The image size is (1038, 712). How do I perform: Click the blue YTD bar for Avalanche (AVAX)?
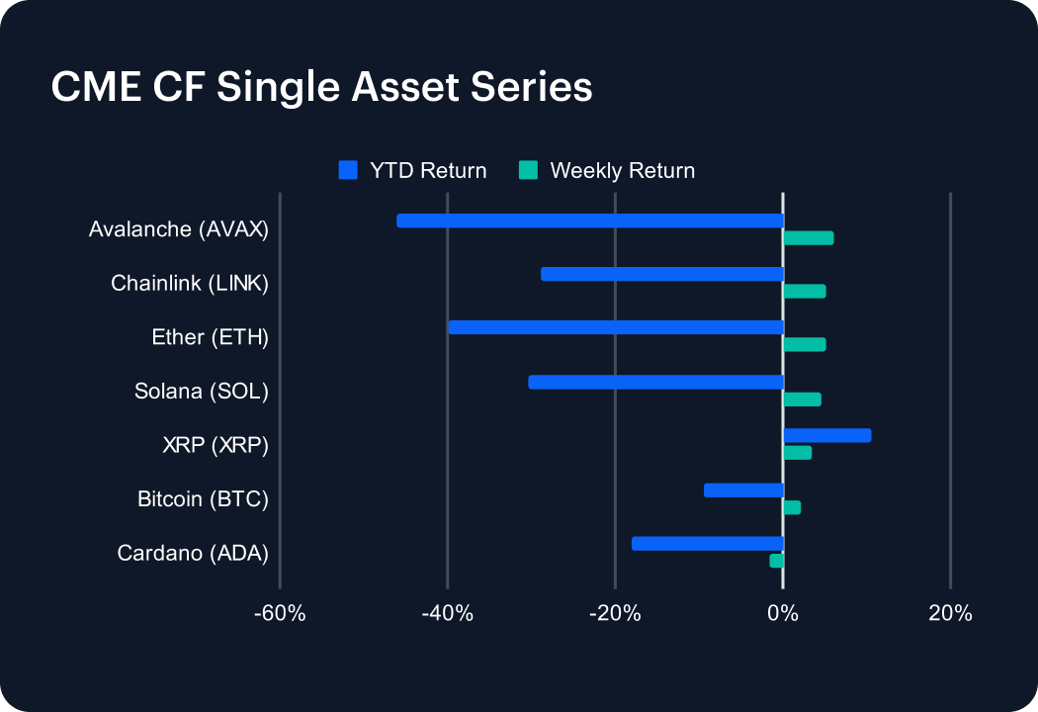(590, 221)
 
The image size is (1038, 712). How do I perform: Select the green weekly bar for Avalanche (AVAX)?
(808, 238)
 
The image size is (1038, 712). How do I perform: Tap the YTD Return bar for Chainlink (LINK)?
(662, 274)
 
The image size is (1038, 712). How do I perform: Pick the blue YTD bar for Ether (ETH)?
(616, 327)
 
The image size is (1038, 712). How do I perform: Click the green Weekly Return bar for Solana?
(802, 400)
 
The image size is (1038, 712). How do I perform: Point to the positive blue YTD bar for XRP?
(826, 435)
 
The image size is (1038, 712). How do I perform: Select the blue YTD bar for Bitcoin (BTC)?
(743, 489)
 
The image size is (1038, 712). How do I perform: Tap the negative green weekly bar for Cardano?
(776, 561)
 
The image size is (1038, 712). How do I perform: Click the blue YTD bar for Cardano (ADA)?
(708, 543)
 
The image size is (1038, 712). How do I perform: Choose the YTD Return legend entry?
(412, 170)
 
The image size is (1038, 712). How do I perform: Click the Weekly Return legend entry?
(607, 170)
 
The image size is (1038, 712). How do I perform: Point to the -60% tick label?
(280, 614)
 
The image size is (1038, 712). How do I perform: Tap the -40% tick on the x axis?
(448, 614)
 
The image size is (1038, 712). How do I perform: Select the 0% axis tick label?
(783, 614)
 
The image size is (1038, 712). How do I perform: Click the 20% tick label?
(950, 614)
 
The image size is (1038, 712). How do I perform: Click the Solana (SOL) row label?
(202, 392)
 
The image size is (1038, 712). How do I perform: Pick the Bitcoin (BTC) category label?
(203, 499)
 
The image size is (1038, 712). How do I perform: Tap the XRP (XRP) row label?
(216, 445)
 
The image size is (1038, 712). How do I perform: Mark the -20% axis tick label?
(615, 614)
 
